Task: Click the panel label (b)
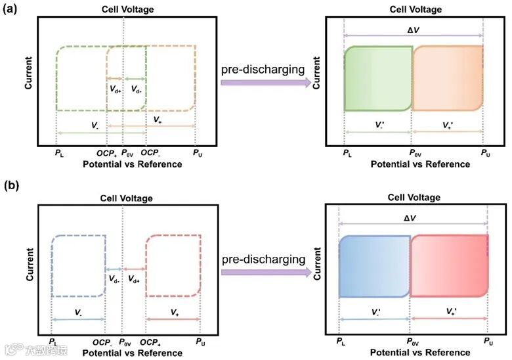pyautogui.click(x=11, y=186)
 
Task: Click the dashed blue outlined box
pyautogui.click(x=79, y=267)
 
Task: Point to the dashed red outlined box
pyautogui.click(x=173, y=267)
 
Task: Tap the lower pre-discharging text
pyautogui.click(x=263, y=259)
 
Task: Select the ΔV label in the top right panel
pyautogui.click(x=413, y=26)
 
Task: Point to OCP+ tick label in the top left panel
pyautogui.click(x=107, y=154)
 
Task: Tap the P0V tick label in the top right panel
pyautogui.click(x=412, y=154)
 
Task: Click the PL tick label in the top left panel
pyautogui.click(x=58, y=154)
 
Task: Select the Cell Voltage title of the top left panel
pyautogui.click(x=125, y=9)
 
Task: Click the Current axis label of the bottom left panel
pyautogui.click(x=30, y=266)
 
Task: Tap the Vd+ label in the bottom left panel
pyautogui.click(x=133, y=279)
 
